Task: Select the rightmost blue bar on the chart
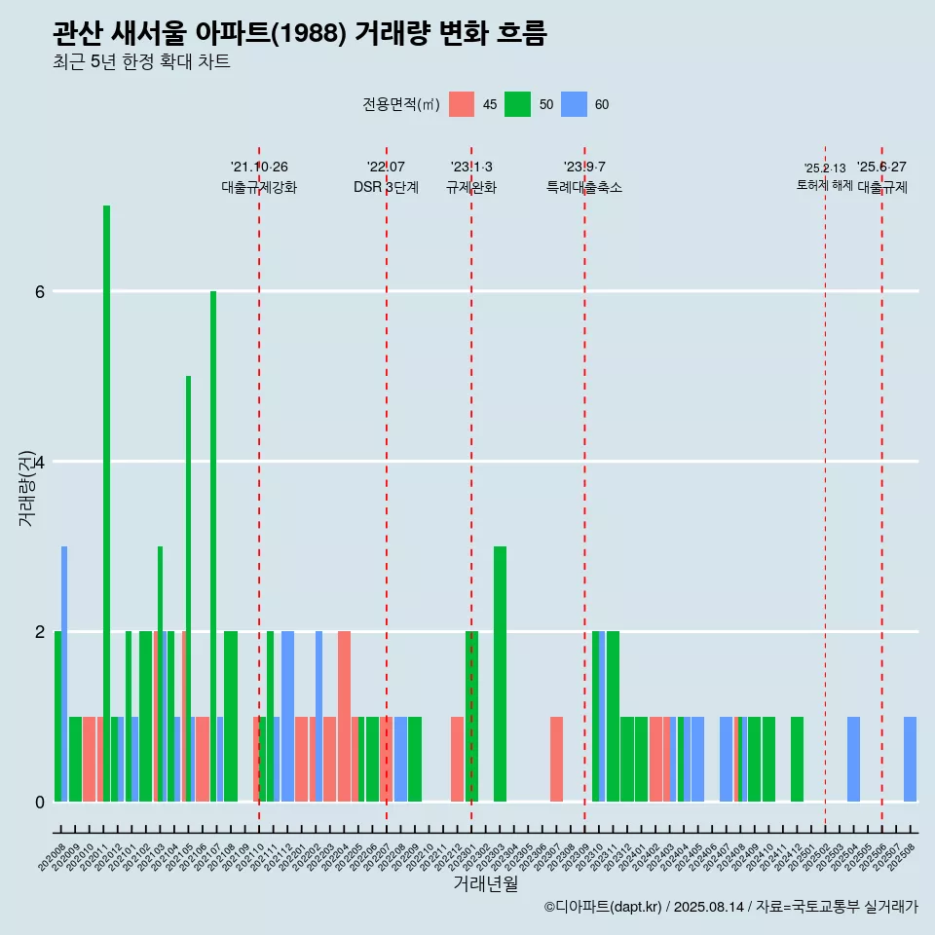coord(910,759)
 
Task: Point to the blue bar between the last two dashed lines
coord(853,759)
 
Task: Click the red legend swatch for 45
coord(462,104)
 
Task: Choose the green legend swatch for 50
coord(517,104)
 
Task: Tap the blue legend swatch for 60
coord(574,104)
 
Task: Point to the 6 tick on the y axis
coord(39,291)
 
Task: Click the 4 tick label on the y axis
coord(39,462)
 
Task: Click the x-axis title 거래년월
coord(485,884)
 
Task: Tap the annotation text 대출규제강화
coord(259,187)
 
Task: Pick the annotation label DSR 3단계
coord(386,187)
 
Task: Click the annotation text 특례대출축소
coord(584,187)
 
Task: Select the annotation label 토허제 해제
coord(824,185)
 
